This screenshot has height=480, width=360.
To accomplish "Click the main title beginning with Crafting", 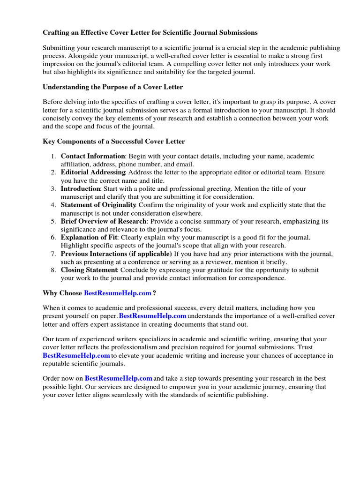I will (x=150, y=33).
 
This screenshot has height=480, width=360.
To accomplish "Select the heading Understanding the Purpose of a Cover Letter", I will (x=112, y=87).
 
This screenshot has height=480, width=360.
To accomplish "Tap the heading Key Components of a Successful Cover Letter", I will (x=114, y=142).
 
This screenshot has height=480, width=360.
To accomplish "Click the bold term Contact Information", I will (x=93, y=156).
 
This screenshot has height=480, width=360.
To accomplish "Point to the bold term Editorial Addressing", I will (x=93, y=172).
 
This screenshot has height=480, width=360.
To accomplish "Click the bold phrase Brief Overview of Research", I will (x=104, y=221).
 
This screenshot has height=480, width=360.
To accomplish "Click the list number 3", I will (x=53, y=189).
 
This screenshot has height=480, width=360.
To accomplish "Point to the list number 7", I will (x=53, y=254).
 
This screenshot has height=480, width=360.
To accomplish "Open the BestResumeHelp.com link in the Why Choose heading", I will (x=118, y=293).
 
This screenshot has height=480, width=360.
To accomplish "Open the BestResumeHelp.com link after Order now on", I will (x=119, y=378).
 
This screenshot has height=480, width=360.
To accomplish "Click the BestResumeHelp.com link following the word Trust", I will (x=76, y=356).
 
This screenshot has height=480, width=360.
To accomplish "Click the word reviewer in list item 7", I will (x=225, y=262).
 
